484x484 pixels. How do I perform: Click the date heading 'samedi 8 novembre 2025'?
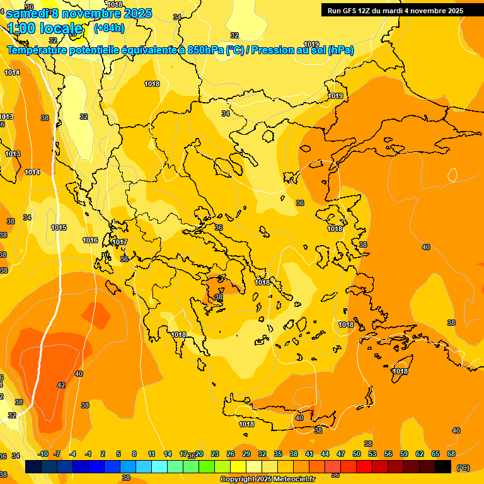tap(79, 13)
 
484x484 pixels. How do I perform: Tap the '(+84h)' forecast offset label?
tap(109, 28)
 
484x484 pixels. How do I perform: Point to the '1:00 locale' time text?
tap(45, 28)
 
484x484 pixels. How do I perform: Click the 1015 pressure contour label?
tap(59, 228)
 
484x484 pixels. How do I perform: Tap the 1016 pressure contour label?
tap(90, 240)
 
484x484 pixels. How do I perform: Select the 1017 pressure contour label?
tap(120, 242)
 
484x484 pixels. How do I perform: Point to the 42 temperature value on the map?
tap(61, 384)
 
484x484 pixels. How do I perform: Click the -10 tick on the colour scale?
tap(43, 454)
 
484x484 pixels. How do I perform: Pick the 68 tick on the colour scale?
tap(451, 454)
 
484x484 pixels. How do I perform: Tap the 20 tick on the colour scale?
tap(199, 454)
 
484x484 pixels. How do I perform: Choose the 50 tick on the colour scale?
tap(357, 454)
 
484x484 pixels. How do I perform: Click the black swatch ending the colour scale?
tap(443, 466)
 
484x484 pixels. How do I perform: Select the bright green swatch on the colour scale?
tap(207, 466)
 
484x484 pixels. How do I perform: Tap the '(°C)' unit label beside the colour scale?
tap(463, 468)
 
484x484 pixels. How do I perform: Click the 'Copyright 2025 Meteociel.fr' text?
tap(267, 479)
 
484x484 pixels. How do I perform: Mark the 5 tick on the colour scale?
tap(118, 454)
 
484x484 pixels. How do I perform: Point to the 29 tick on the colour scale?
tap(246, 454)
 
